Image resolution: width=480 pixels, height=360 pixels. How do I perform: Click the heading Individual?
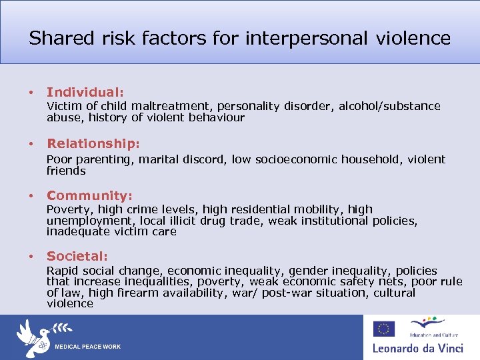[85, 92]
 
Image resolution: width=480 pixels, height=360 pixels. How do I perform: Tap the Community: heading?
[89, 195]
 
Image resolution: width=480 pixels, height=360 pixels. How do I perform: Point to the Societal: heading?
[77, 256]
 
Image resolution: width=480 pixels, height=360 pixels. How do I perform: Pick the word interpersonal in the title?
[306, 38]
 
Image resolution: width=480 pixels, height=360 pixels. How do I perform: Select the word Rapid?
[62, 271]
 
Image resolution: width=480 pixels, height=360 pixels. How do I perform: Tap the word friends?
[66, 171]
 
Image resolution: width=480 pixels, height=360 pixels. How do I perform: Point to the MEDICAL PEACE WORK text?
[87, 347]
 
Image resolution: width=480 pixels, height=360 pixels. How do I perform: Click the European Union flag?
[383, 328]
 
